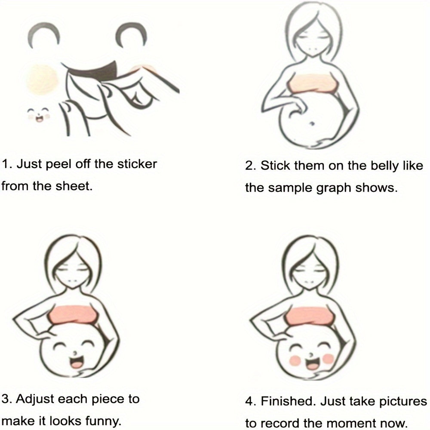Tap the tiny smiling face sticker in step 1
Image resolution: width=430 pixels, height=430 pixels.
39,115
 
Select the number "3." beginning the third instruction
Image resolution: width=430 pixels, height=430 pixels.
6,399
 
